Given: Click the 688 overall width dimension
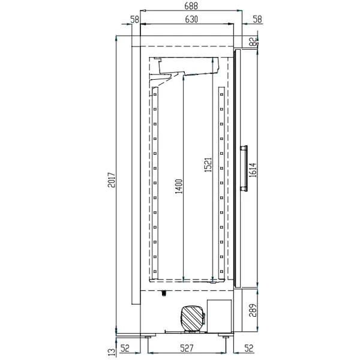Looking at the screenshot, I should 190,5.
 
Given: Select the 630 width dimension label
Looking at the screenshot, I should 190,19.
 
